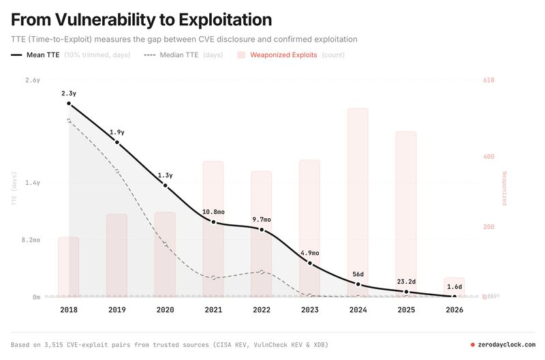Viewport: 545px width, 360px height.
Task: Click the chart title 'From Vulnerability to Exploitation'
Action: [142, 20]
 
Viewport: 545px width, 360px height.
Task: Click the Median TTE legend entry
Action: [178, 55]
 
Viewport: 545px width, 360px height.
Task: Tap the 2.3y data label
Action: [69, 93]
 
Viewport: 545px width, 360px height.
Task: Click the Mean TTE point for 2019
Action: [117, 142]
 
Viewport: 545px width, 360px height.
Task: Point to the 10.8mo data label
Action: [213, 212]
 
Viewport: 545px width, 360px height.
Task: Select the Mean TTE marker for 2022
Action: [262, 230]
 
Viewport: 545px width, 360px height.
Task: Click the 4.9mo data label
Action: [310, 253]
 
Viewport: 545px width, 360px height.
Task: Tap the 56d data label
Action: [358, 274]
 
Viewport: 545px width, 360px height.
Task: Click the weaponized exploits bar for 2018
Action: [68, 267]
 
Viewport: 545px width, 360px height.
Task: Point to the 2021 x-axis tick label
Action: [213, 310]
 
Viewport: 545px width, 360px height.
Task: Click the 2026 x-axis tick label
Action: [454, 310]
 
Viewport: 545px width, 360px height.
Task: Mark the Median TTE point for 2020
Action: [166, 243]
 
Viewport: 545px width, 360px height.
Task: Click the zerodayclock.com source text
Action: [507, 345]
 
